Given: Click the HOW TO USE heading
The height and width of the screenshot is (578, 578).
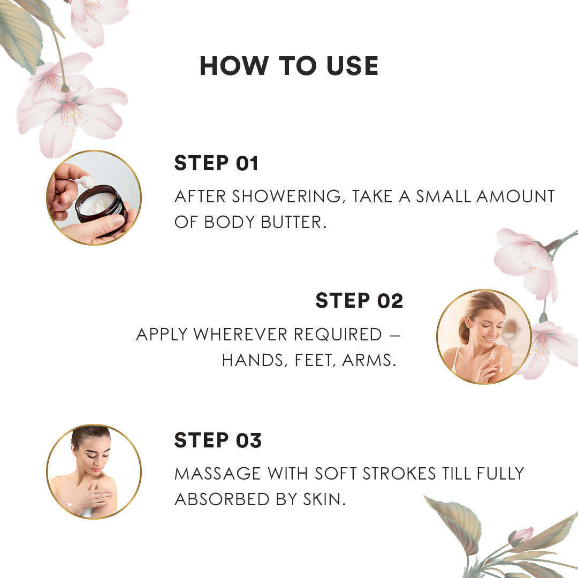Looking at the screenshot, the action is tap(289, 66).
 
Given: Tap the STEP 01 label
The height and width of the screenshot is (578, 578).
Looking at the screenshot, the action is tap(216, 163).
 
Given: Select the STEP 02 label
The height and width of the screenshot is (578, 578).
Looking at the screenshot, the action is tap(360, 300).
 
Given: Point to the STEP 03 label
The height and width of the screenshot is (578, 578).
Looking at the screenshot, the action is tap(218, 440).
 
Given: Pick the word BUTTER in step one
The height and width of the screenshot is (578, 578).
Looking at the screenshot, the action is tap(294, 222).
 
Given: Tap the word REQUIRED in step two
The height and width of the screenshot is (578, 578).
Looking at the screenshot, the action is tap(338, 334).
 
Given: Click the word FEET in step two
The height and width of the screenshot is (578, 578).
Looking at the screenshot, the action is tap(315, 361).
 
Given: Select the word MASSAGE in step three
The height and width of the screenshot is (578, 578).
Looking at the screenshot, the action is tap(217, 474).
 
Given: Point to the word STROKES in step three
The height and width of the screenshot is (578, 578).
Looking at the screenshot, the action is tap(399, 474).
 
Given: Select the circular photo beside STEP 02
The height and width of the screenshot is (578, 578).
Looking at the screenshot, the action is tap(484, 337).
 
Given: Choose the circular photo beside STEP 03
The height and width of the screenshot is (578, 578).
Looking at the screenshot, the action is tap(94, 471).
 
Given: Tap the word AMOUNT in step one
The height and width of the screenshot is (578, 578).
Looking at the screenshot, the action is tap(515, 196).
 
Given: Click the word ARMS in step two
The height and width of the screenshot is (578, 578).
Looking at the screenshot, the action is tap(369, 361).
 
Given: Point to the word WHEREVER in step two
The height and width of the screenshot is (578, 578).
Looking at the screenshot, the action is tap(240, 334).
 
